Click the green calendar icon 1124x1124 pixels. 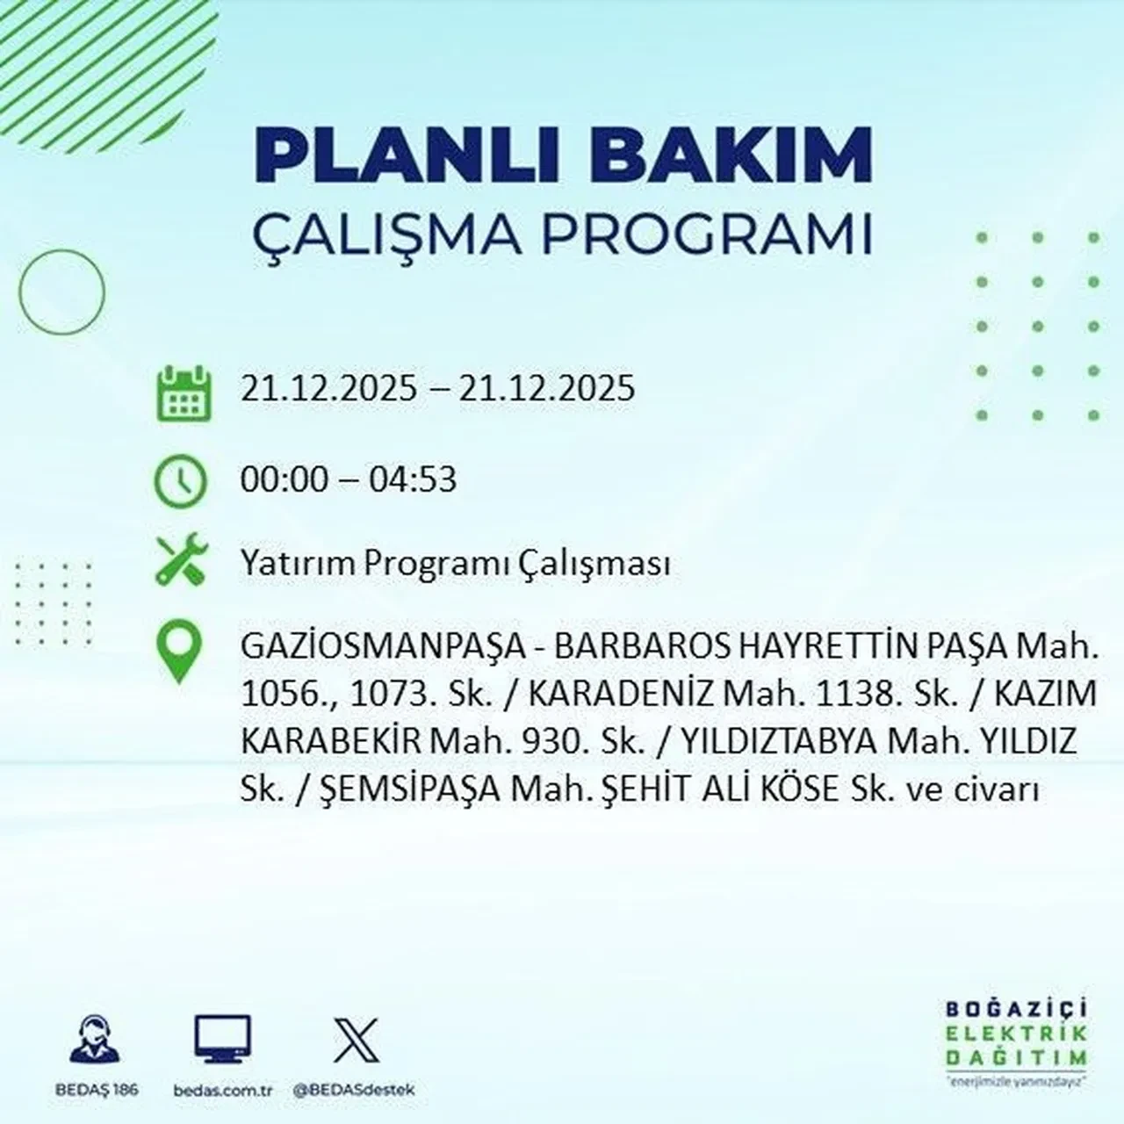click(x=184, y=392)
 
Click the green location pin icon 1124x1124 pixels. click(x=178, y=652)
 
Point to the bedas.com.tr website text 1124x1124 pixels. click(x=223, y=1090)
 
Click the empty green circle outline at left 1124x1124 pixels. click(x=61, y=292)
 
